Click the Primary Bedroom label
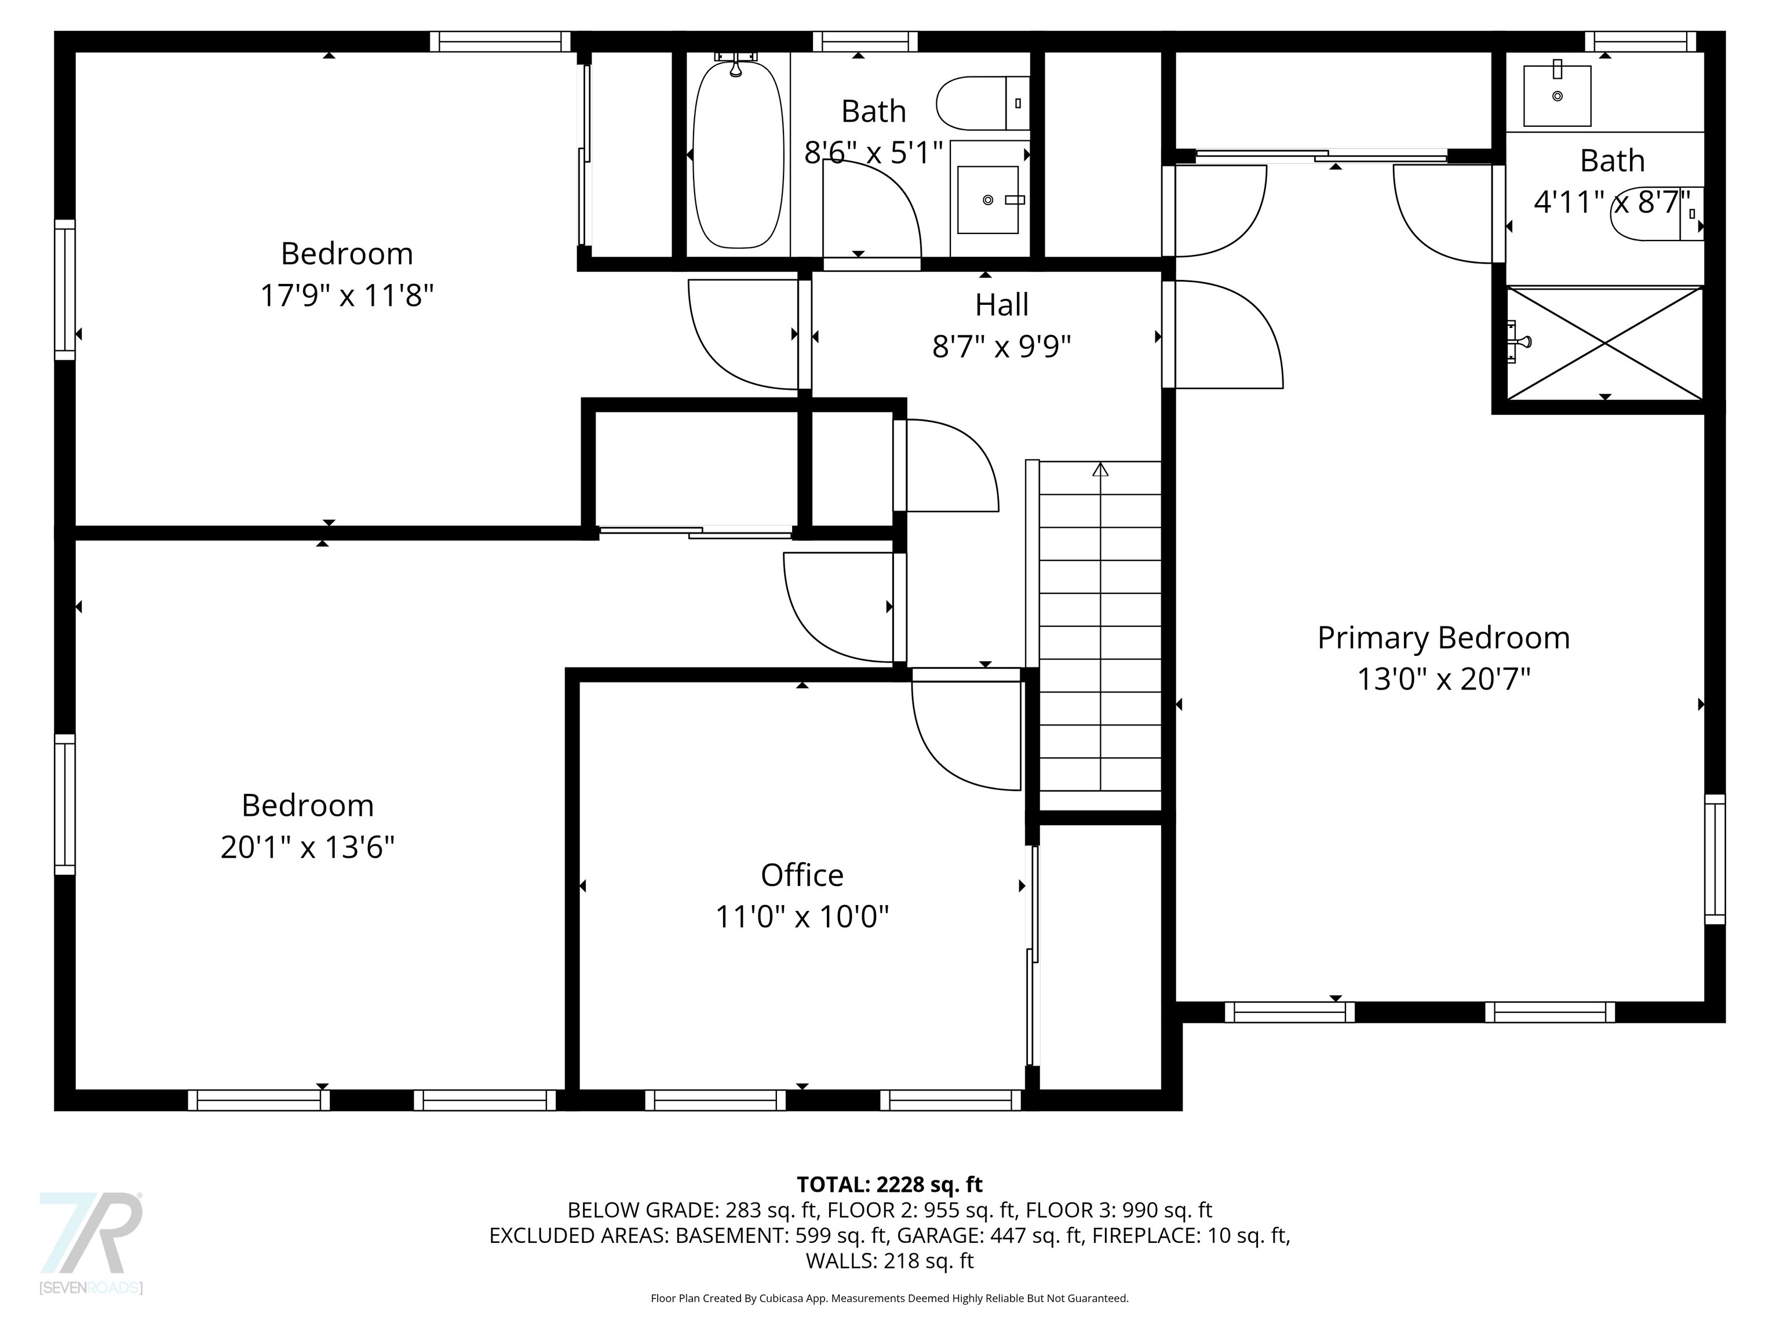(x=1443, y=638)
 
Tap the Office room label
(x=803, y=875)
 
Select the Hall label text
(x=1002, y=305)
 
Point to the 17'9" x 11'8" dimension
(x=347, y=296)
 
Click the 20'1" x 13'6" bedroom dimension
(x=308, y=847)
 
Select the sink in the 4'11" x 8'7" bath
(x=1557, y=96)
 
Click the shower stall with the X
(x=1604, y=343)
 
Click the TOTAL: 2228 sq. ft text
(x=889, y=1184)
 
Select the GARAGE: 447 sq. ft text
(x=990, y=1235)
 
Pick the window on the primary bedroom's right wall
(x=1715, y=859)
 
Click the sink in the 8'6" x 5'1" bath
(x=988, y=199)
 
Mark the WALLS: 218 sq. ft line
(x=890, y=1260)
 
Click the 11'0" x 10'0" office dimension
(x=803, y=917)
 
